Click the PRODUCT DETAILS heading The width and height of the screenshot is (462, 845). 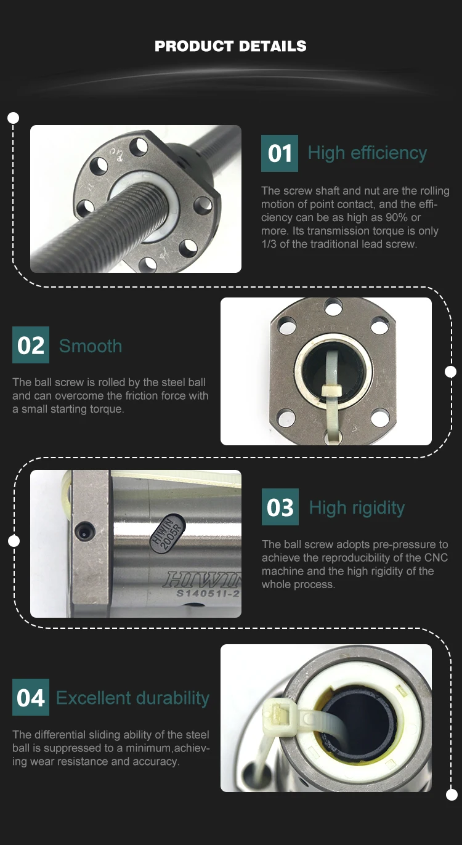pyautogui.click(x=230, y=46)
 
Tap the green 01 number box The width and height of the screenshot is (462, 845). pyautogui.click(x=280, y=153)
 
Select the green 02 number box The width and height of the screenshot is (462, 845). pyautogui.click(x=31, y=345)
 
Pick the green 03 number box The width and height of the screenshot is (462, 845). pyautogui.click(x=280, y=507)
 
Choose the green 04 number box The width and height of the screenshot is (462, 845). pyautogui.click(x=31, y=697)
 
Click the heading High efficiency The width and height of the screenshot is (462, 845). pyautogui.click(x=367, y=153)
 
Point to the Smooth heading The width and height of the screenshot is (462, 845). pyautogui.click(x=91, y=346)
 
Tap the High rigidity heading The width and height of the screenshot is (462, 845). pyautogui.click(x=357, y=507)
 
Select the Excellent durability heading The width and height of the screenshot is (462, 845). pyautogui.click(x=132, y=698)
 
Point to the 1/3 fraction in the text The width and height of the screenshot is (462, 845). pyautogui.click(x=269, y=244)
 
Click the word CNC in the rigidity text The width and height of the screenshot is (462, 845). pyautogui.click(x=436, y=557)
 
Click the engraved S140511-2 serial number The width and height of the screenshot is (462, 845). pyautogui.click(x=208, y=593)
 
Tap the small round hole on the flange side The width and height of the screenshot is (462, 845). pyautogui.click(x=83, y=532)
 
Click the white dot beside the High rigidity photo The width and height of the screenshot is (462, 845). pyautogui.click(x=14, y=541)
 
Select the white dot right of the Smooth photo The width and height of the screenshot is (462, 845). pyautogui.click(x=451, y=371)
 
